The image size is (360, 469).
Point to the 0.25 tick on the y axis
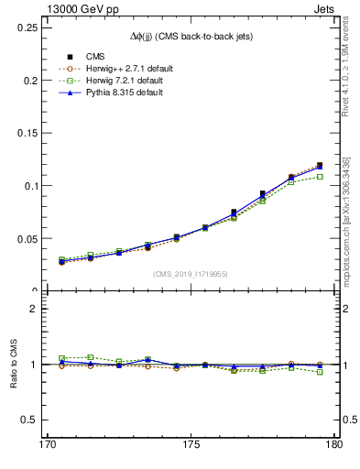pyautogui.click(x=24, y=27)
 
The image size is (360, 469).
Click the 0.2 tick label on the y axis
pyautogui.click(x=27, y=80)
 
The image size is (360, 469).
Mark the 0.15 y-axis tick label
pyautogui.click(x=24, y=133)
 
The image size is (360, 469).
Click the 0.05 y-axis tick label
pyautogui.click(x=24, y=238)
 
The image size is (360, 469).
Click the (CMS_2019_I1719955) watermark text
pyautogui.click(x=190, y=274)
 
